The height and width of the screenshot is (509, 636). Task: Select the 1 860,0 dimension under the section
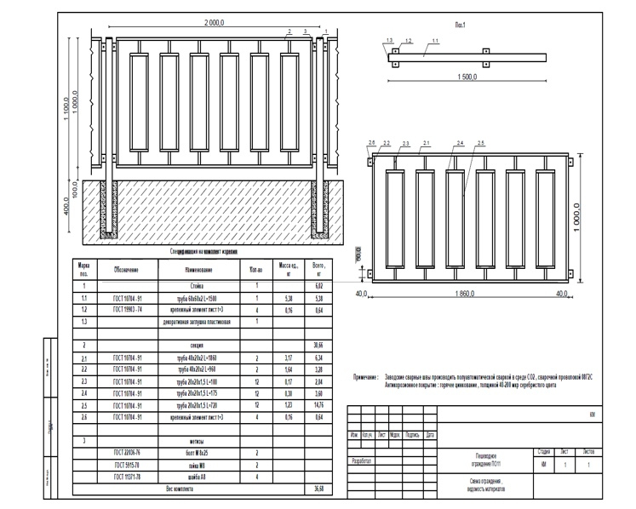pyautogui.click(x=467, y=293)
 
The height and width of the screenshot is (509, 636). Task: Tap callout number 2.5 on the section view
pyautogui.click(x=481, y=143)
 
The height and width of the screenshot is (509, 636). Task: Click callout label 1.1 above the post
pyautogui.click(x=435, y=41)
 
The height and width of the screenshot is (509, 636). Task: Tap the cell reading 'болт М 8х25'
pyautogui.click(x=200, y=454)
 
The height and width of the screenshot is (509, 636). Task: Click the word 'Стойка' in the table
pyautogui.click(x=200, y=287)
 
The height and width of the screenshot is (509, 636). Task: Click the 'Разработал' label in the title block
pyautogui.click(x=362, y=461)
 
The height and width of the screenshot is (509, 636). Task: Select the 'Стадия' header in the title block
pyautogui.click(x=542, y=451)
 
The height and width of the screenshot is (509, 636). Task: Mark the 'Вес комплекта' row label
pyautogui.click(x=180, y=489)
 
